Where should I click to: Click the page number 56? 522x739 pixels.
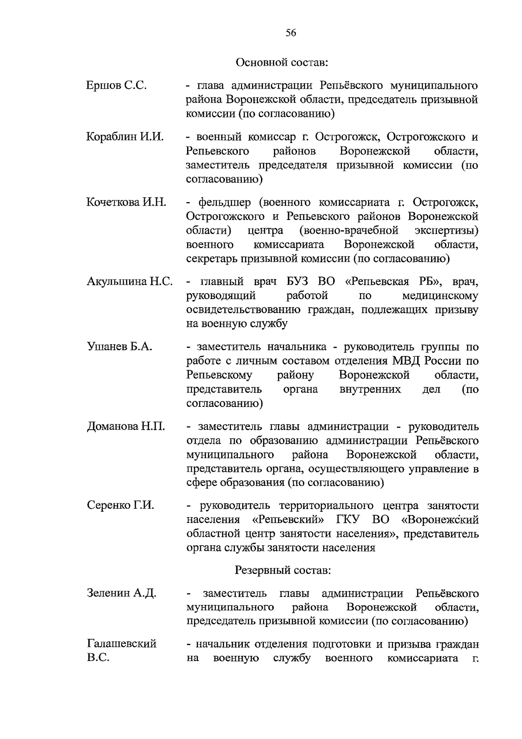291,33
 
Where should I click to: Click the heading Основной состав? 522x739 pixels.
281,63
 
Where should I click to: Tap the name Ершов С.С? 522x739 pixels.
116,86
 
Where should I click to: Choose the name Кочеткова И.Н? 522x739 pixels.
126,203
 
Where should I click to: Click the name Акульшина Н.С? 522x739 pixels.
130,282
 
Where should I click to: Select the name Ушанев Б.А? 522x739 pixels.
120,347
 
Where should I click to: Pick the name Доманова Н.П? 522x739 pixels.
126,426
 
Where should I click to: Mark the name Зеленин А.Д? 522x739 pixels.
121,593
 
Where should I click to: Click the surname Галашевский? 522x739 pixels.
122,644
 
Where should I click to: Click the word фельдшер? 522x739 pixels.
224,203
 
